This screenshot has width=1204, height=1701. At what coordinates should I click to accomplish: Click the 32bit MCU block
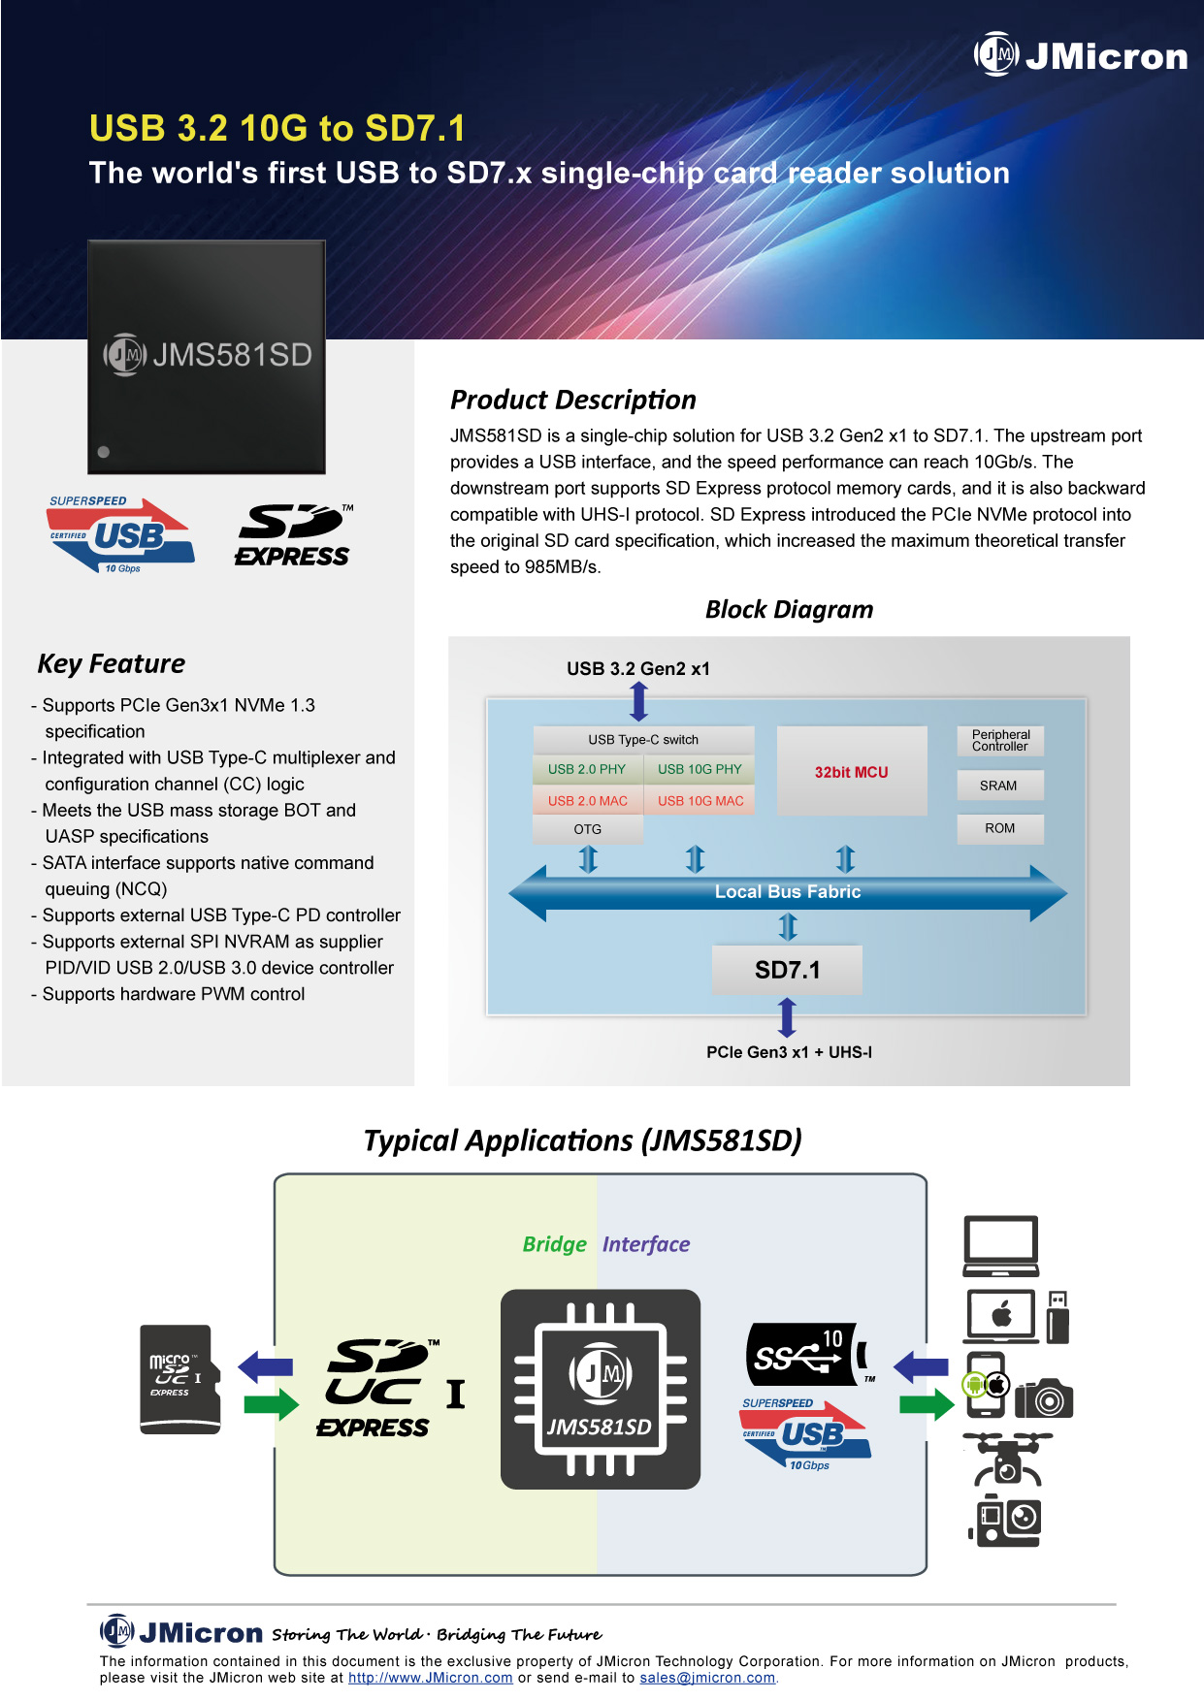852,772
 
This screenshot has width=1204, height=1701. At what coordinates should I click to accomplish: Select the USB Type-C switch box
643,739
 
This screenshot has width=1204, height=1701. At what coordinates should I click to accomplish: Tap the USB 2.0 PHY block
587,769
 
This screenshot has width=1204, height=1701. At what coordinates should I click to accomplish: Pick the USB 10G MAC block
700,801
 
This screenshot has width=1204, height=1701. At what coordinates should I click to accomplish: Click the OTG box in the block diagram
588,829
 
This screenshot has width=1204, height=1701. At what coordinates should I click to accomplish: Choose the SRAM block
999,786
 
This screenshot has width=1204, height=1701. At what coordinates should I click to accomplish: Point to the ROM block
999,828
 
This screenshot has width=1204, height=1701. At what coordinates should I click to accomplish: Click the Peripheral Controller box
1000,740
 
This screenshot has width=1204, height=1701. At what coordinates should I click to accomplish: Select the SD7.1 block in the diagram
787,970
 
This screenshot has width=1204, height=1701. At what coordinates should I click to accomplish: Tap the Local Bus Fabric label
787,891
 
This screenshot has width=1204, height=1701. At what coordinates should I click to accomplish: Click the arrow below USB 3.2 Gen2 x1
638,701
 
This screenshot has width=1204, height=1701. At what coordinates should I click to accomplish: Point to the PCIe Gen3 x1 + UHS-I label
789,1052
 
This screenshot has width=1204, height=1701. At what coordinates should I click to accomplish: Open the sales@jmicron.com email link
707,1679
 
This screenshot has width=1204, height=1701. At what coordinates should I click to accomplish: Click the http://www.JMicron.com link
430,1679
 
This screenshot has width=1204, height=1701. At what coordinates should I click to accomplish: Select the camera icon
1044,1397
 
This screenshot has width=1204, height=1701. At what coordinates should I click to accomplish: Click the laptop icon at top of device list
1000,1245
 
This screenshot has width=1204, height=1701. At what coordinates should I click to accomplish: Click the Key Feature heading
112,664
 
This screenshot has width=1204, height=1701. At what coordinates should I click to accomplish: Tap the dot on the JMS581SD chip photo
104,452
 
